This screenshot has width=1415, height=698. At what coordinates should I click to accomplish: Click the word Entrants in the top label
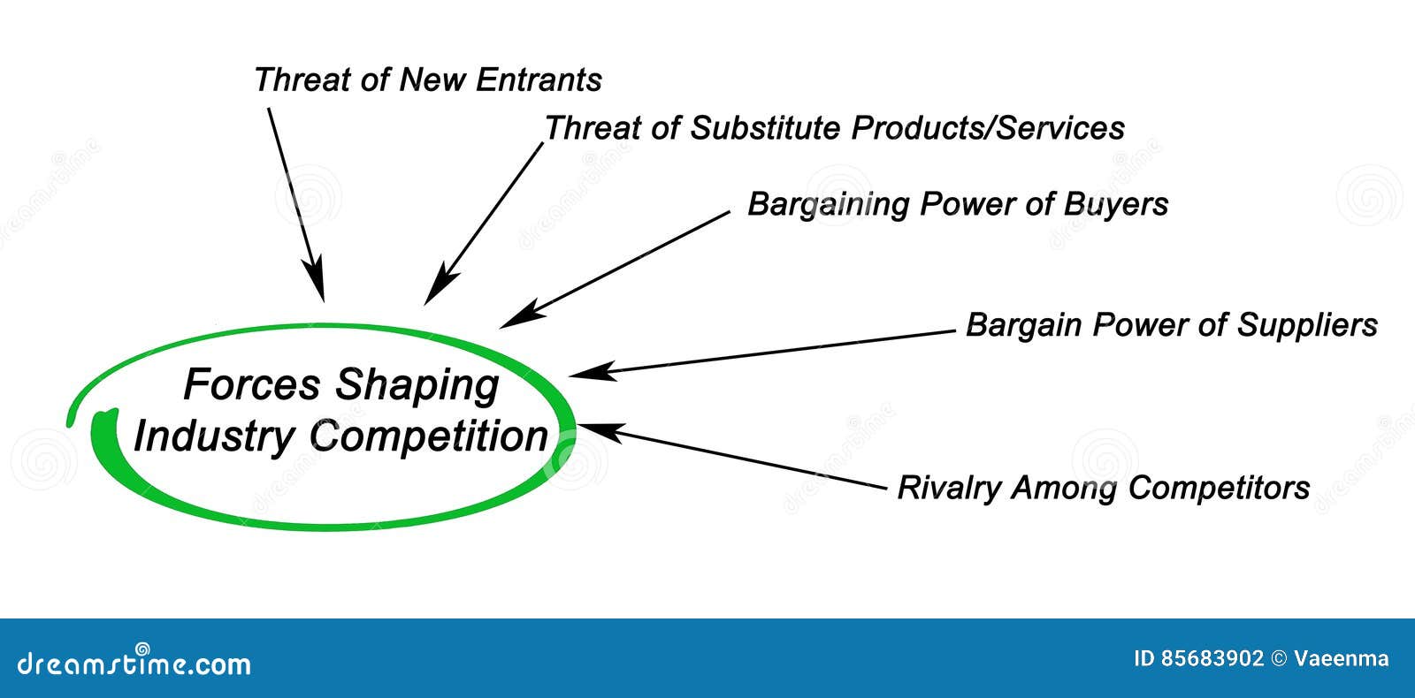pyautogui.click(x=539, y=80)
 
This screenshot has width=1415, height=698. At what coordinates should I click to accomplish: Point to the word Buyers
pyautogui.click(x=1115, y=205)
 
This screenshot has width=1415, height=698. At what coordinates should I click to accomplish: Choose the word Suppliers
pyautogui.click(x=1306, y=325)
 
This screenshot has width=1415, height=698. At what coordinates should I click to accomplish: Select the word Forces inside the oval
pyautogui.click(x=252, y=385)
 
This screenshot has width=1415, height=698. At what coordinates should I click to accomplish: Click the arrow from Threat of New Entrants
pyautogui.click(x=295, y=202)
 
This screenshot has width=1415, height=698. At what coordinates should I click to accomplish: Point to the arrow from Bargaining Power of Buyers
pyautogui.click(x=615, y=269)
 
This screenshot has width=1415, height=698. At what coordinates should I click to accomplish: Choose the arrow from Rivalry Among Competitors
pyautogui.click(x=730, y=456)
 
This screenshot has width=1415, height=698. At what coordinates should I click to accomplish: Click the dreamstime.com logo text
pyautogui.click(x=134, y=663)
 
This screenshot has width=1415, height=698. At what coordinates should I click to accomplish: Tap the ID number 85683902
pyautogui.click(x=1212, y=659)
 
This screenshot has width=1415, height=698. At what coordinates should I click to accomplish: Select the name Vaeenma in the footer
pyautogui.click(x=1341, y=659)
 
